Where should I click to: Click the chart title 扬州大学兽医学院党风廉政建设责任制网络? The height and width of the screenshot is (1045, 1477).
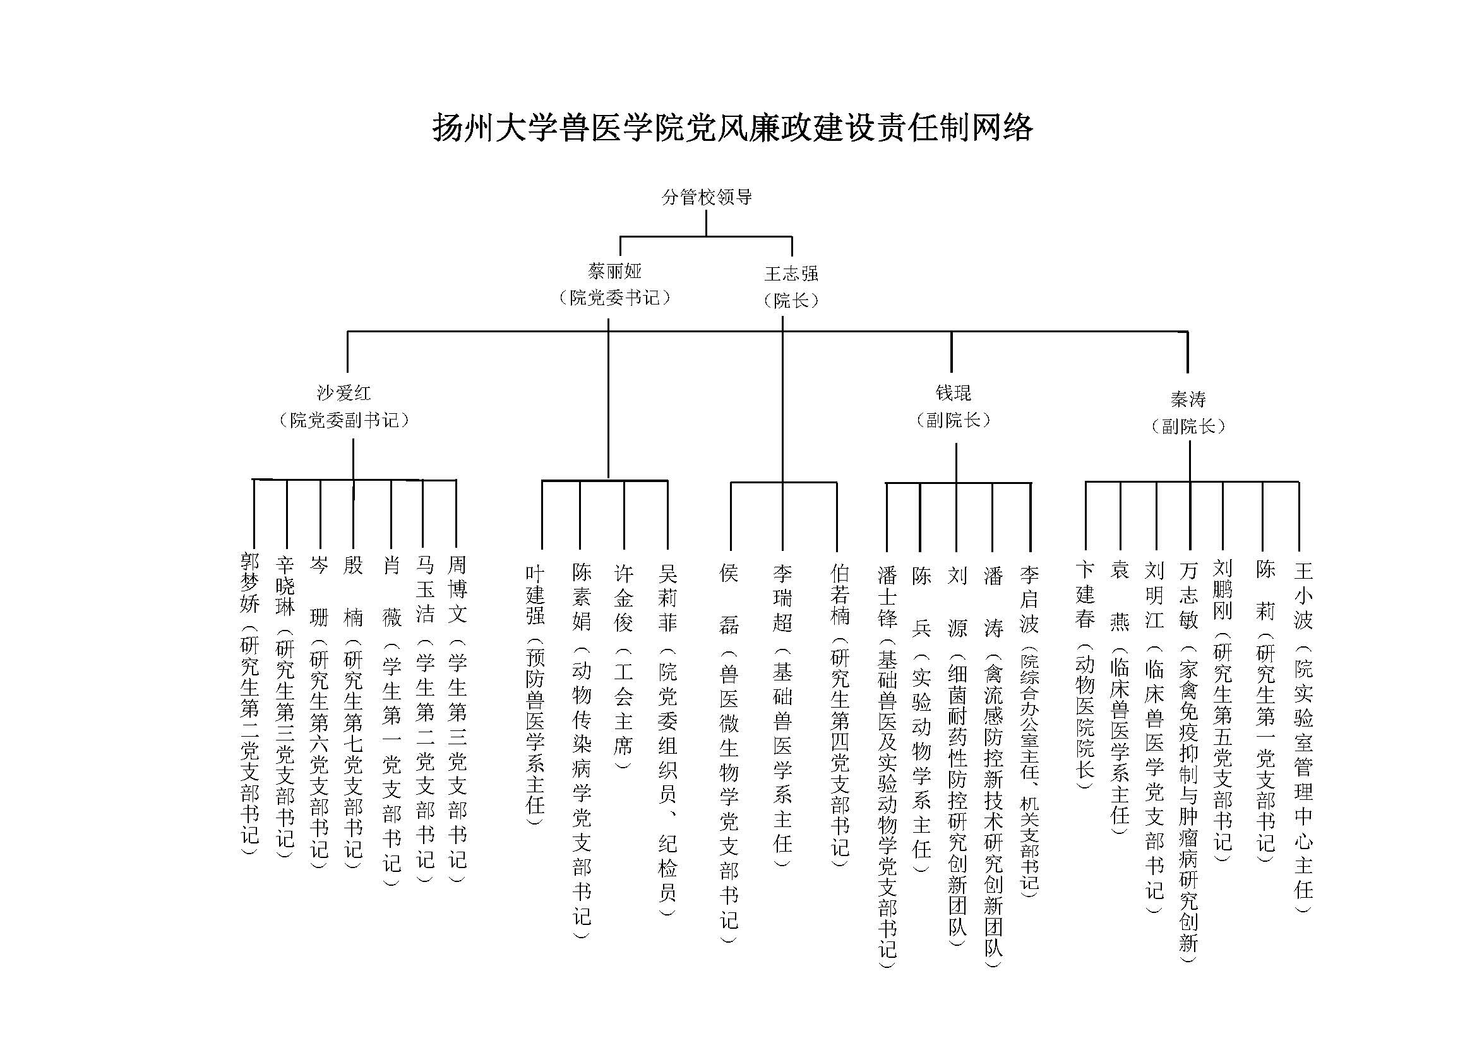point(732,128)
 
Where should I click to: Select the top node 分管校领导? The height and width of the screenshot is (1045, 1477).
point(707,197)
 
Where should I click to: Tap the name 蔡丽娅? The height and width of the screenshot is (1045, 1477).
point(614,272)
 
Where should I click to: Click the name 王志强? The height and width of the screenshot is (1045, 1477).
point(791,274)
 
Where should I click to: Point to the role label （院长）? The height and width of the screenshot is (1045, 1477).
point(791,301)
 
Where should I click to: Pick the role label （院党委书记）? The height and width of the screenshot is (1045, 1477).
point(614,298)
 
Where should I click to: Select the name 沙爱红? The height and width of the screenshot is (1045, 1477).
point(344,393)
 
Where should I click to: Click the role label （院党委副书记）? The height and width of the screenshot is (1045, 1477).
point(344,420)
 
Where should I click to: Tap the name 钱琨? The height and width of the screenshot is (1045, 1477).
point(953,393)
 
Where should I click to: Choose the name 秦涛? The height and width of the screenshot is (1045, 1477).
point(1188,399)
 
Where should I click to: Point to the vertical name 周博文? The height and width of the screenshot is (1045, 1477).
point(457,589)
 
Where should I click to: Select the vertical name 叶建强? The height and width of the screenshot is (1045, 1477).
point(535,595)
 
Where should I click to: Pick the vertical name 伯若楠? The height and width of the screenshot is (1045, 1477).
point(839,595)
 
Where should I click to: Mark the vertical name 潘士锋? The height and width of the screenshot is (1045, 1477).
point(887,596)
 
